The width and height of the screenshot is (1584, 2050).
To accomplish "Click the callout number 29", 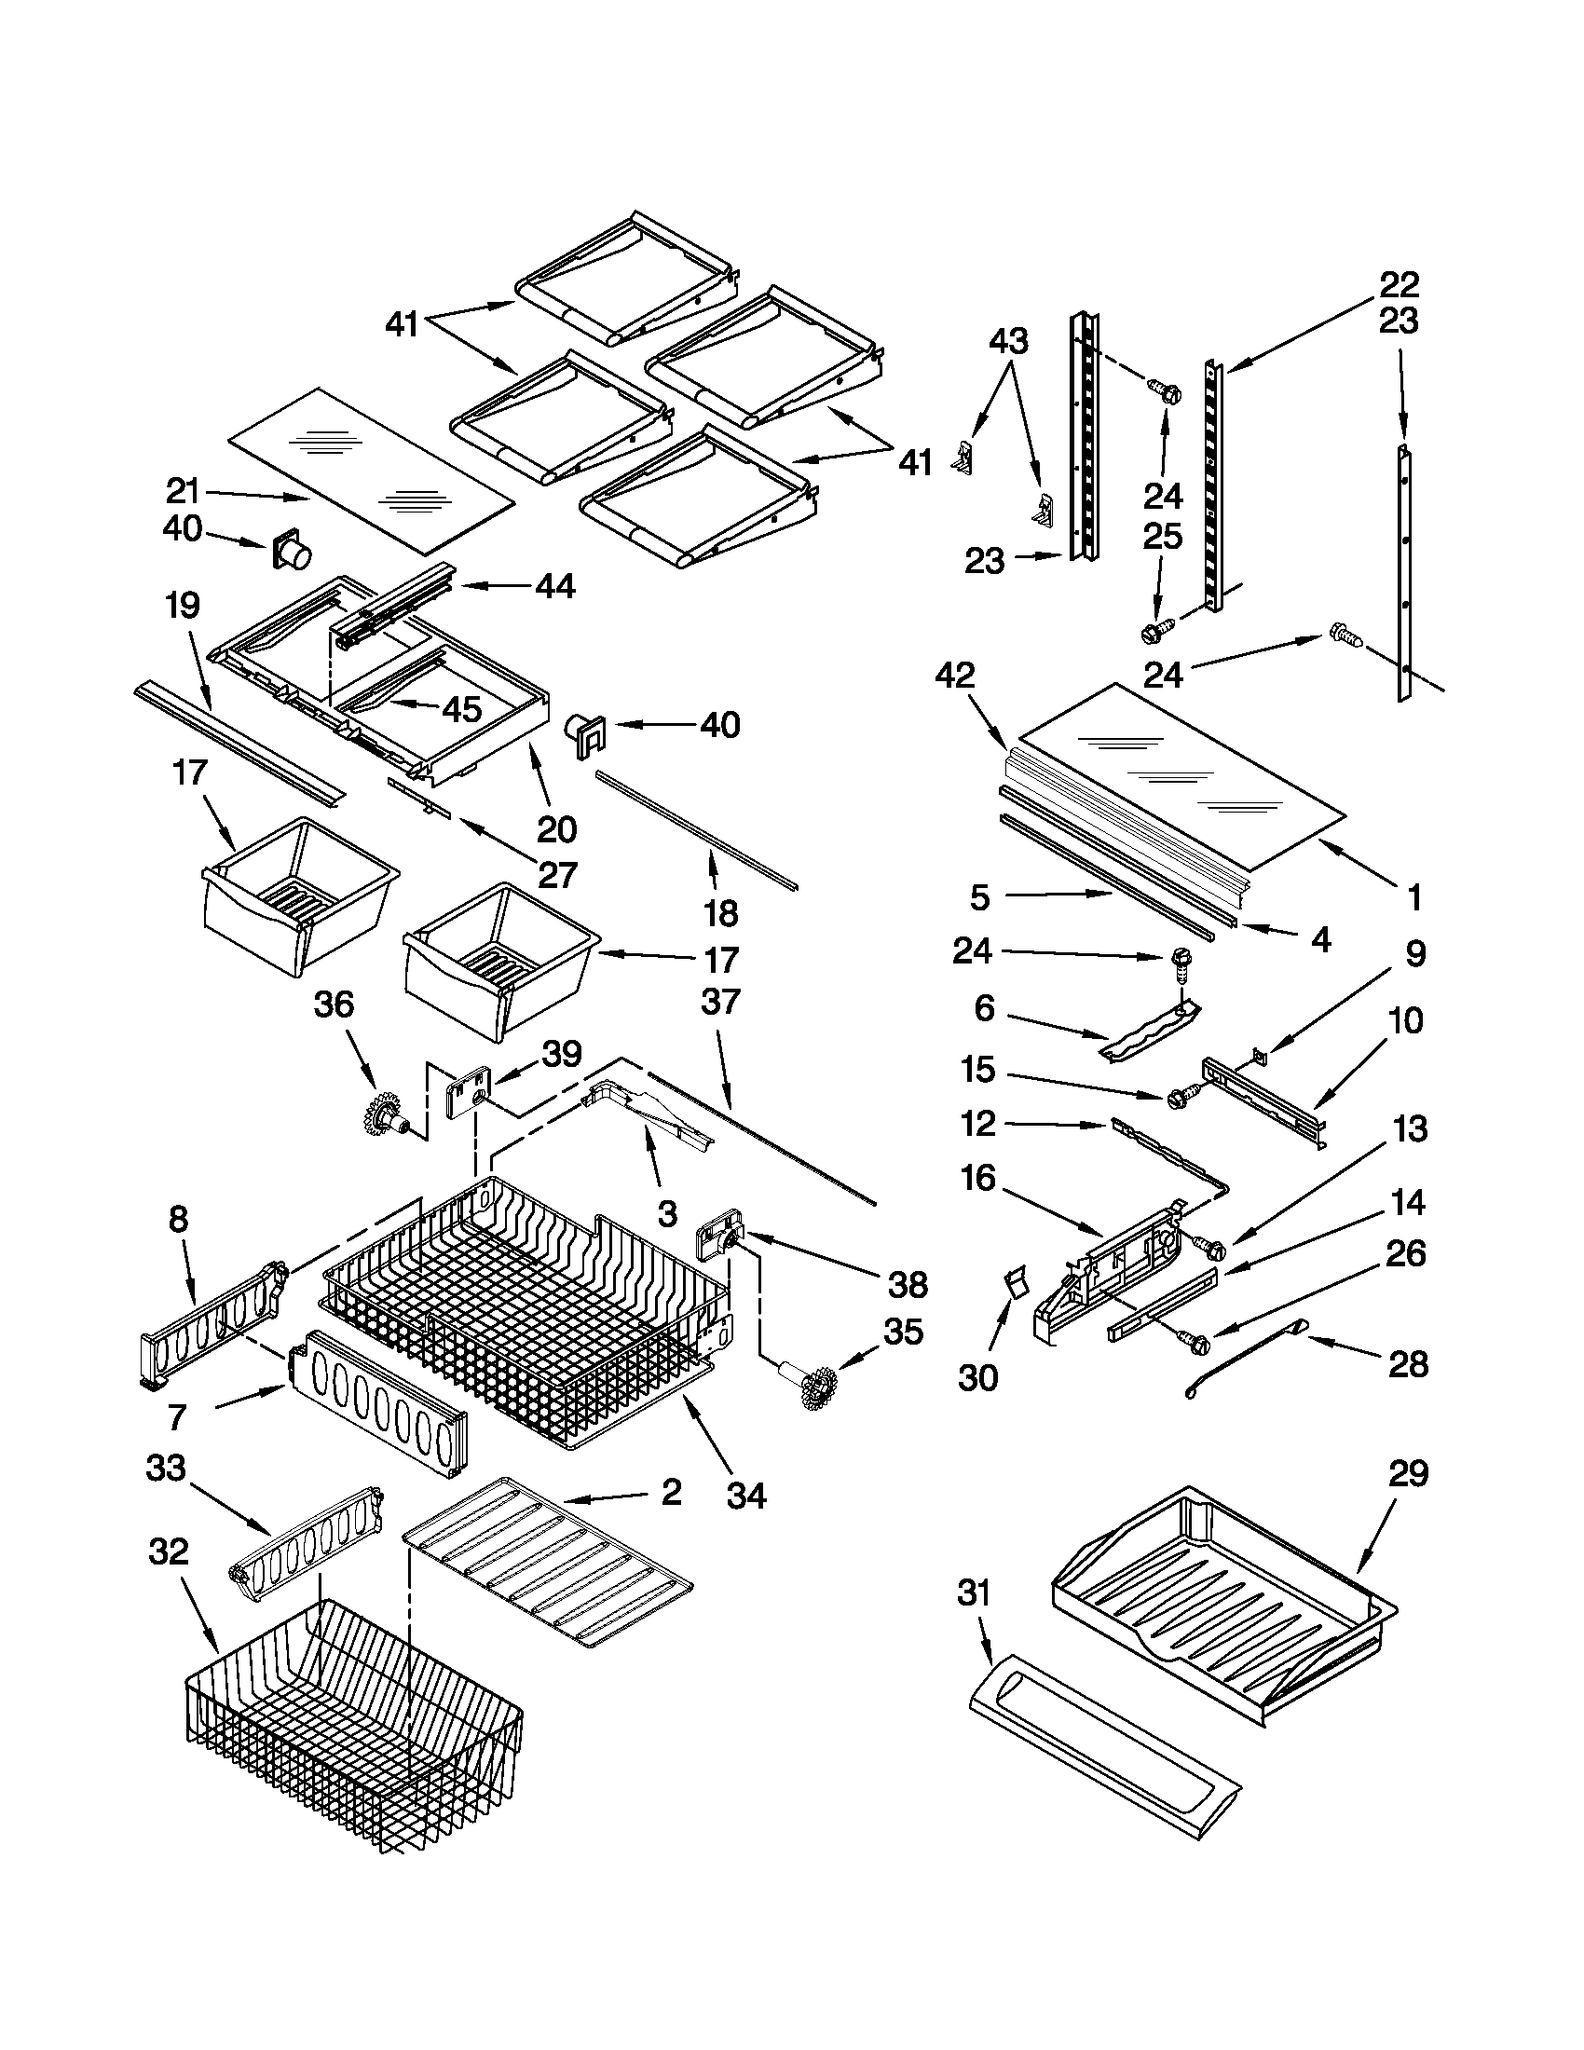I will click(1409, 1472).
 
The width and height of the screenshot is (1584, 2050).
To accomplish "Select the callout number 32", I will click(169, 1551).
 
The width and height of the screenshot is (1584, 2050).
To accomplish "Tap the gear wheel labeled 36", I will click(385, 1114).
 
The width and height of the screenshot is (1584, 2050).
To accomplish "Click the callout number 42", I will click(955, 675).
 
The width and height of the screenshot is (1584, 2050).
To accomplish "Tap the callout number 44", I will click(555, 587).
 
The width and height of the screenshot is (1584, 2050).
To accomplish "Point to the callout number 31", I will click(974, 1592).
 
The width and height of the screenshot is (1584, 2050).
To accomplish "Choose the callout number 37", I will click(720, 1002).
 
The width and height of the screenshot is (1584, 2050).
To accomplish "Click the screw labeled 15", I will click(1181, 1096).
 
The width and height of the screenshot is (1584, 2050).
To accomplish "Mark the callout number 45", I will click(461, 710).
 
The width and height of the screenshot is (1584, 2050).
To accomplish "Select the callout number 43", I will click(1009, 340).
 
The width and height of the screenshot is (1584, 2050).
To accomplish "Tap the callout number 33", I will click(166, 1467).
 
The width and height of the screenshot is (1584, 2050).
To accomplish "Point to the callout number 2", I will click(672, 1493).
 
